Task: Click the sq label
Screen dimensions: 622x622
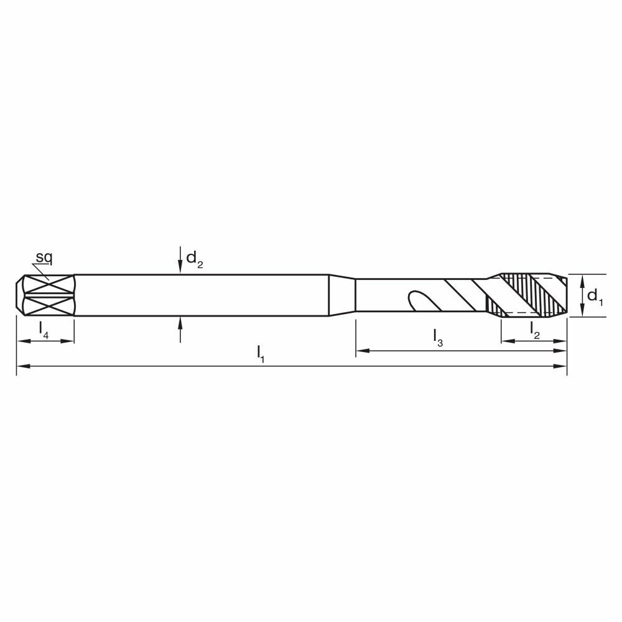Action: tap(44, 258)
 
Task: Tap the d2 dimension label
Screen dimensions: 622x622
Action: tap(194, 259)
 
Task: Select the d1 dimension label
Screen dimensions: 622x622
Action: tap(595, 296)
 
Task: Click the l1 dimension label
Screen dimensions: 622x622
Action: tap(260, 353)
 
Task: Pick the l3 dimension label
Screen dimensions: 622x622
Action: tap(437, 338)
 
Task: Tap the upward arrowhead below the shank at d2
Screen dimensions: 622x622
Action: tap(180, 323)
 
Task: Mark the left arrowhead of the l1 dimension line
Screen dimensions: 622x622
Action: tap(23, 366)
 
